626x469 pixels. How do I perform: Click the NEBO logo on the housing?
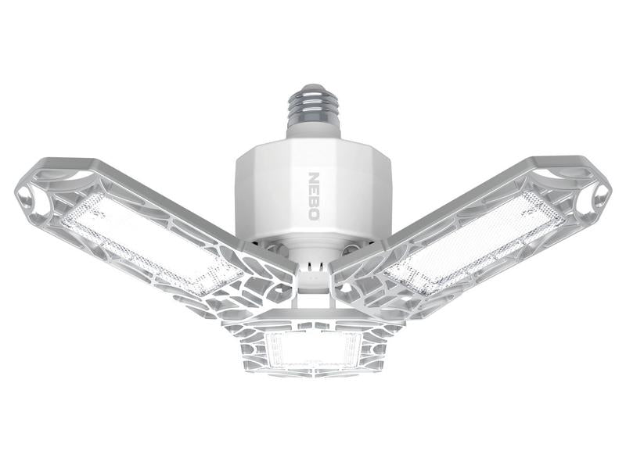(315, 197)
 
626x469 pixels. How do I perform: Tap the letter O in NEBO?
(315, 215)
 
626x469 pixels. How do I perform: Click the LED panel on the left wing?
(153, 235)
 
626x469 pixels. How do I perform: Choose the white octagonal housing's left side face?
(254, 195)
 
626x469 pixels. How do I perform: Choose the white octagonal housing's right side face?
(374, 195)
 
